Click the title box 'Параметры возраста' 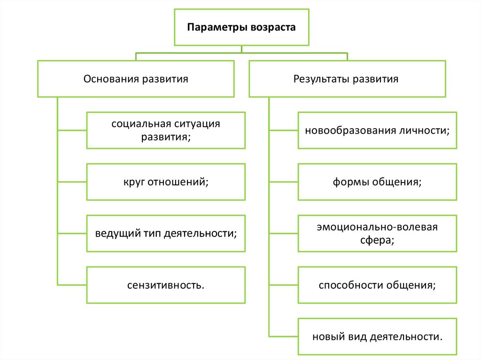[x=241, y=27]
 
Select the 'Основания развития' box [x=136, y=78]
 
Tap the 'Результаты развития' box [x=347, y=78]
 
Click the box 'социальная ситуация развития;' [x=166, y=130]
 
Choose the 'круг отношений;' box [x=166, y=182]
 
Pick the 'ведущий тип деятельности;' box [x=166, y=233]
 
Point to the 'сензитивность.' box [x=166, y=285]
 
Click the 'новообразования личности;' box [x=377, y=130]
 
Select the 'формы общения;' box [x=377, y=182]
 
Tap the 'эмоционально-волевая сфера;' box [x=377, y=233]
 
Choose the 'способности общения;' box [x=377, y=285]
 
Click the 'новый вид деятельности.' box [x=377, y=337]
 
